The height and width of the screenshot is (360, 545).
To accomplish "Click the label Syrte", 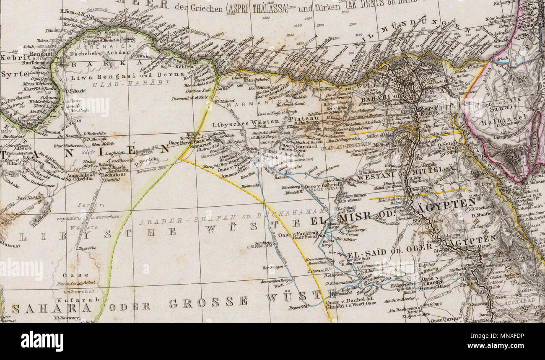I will pos(9,74).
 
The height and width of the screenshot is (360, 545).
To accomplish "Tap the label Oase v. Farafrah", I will pos(297,235).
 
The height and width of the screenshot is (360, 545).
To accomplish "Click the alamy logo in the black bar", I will pos(42,341).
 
